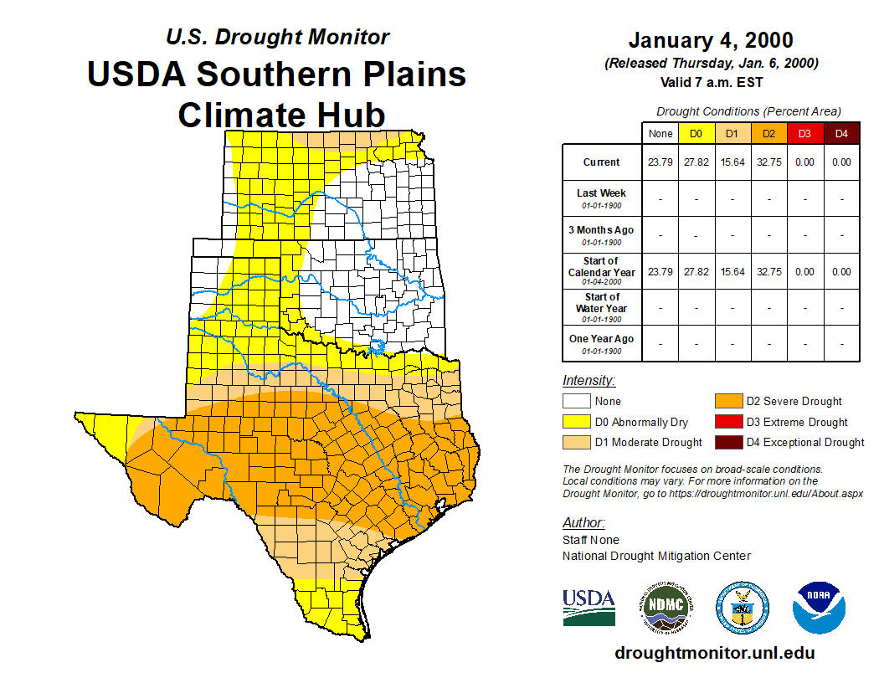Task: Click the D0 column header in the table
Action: (696, 133)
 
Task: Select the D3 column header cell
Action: (804, 133)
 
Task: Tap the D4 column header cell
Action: (841, 133)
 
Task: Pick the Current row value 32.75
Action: (768, 162)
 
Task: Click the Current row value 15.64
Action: (732, 162)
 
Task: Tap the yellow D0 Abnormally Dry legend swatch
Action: (575, 422)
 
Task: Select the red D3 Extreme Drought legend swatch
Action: (727, 422)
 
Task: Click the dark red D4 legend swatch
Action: (727, 442)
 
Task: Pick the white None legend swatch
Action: (575, 402)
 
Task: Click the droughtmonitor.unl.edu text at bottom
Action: (714, 653)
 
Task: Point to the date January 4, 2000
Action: (711, 40)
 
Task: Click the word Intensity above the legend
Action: (588, 381)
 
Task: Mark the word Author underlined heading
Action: (583, 523)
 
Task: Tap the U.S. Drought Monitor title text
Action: (277, 37)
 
